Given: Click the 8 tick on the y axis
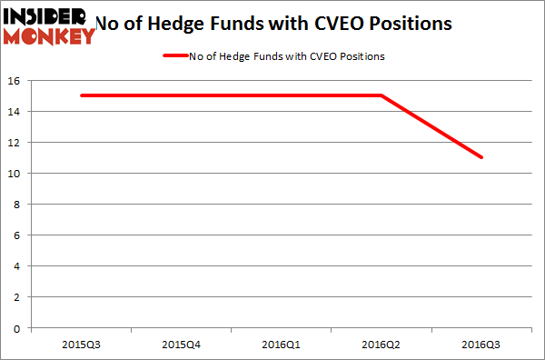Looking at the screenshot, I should click(18, 205).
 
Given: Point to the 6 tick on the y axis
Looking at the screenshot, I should click(18, 235).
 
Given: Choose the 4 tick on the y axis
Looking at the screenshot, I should click(18, 266).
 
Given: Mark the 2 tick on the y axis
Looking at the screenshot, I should click(18, 297).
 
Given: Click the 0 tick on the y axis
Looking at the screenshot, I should click(18, 328).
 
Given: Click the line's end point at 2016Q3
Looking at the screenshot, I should click(482, 157).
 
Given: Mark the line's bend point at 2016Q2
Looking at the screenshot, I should click(382, 95).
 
